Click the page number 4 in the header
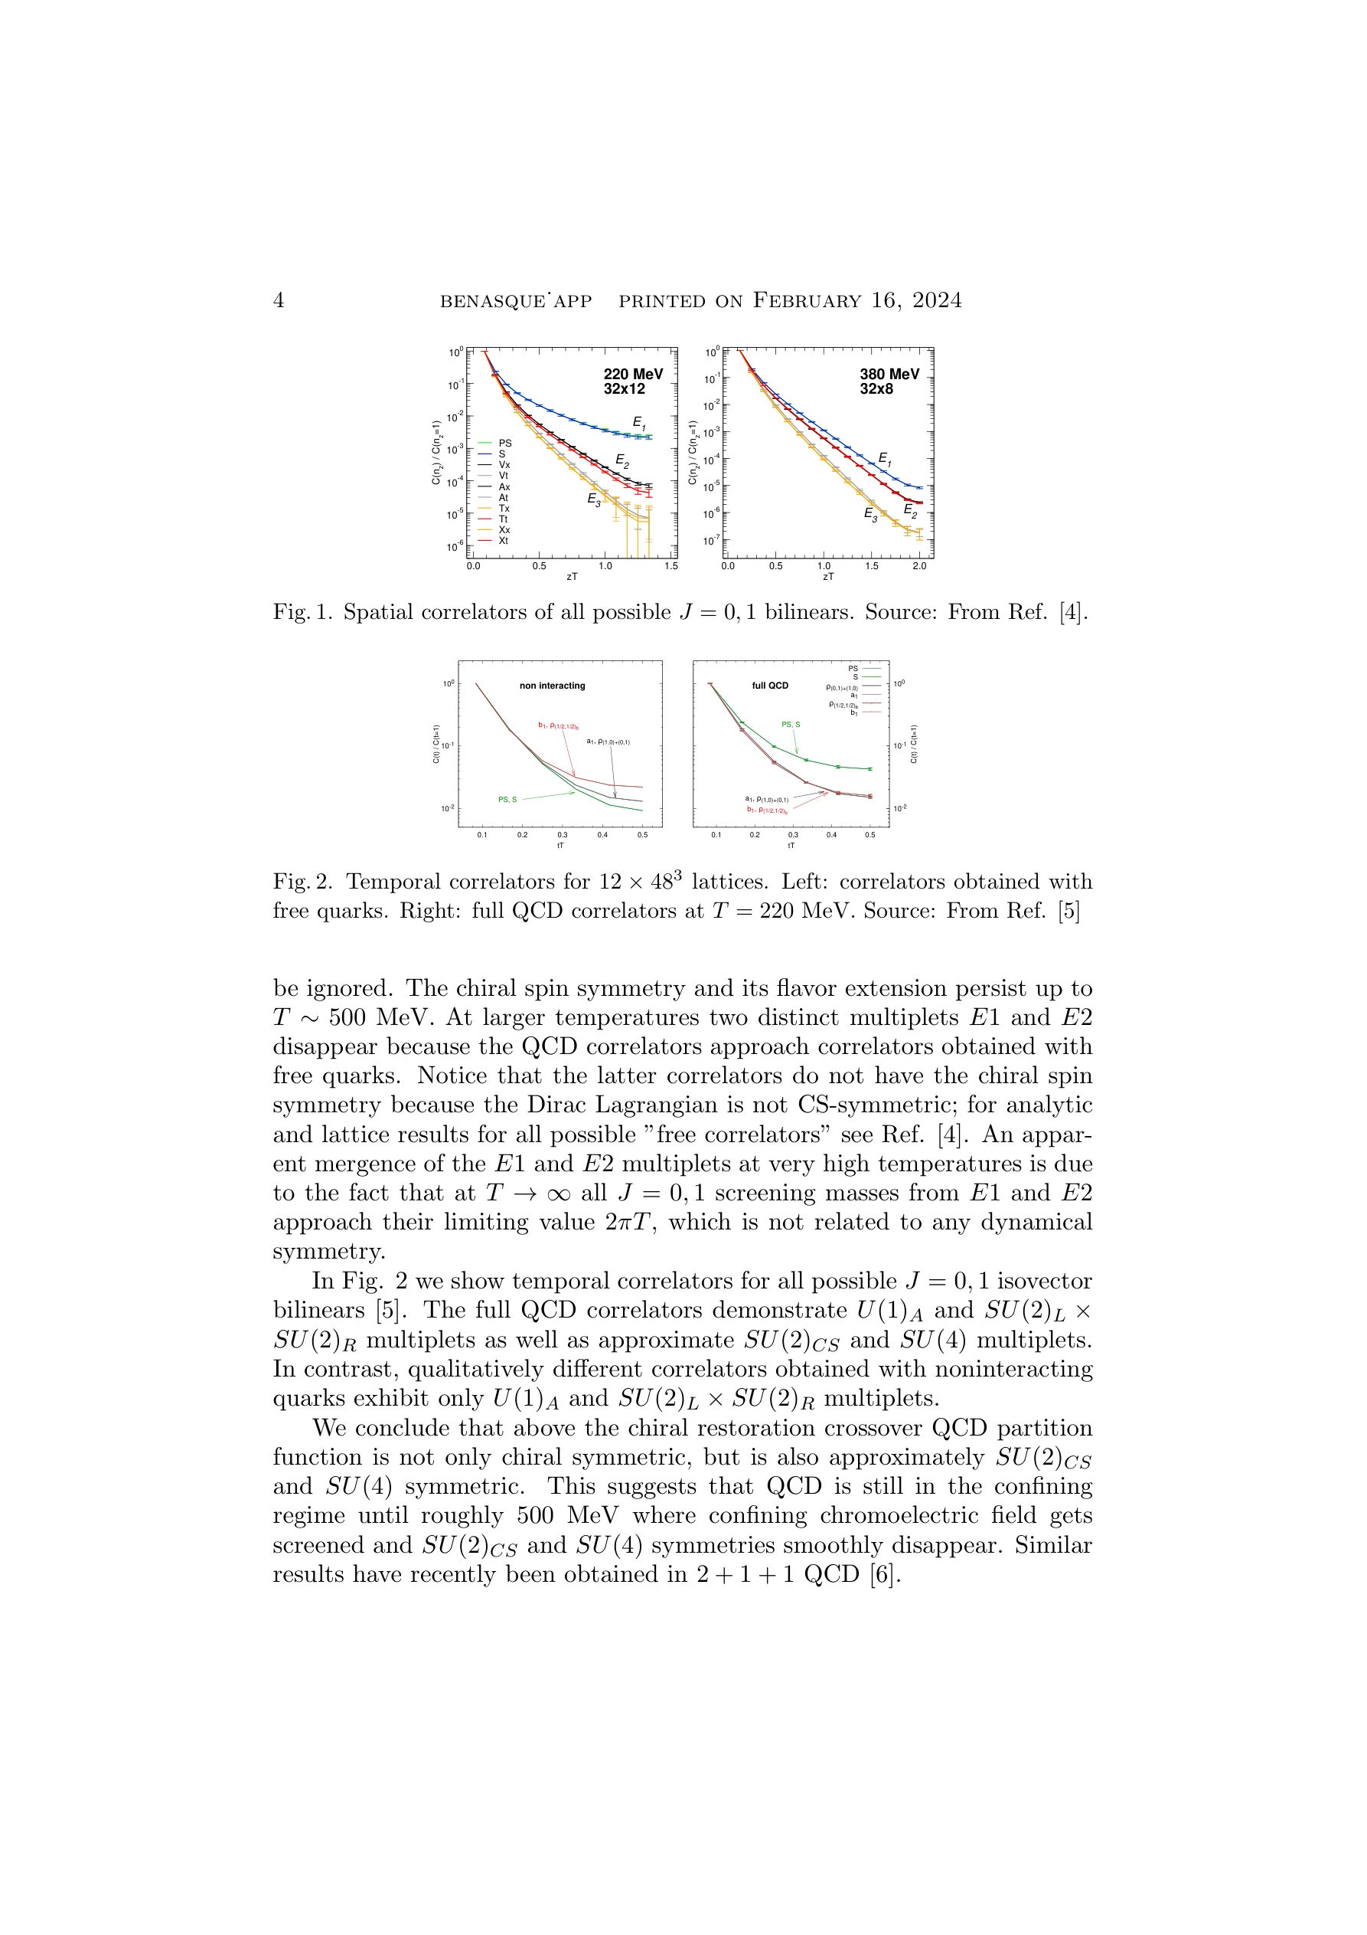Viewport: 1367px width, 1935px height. click(279, 301)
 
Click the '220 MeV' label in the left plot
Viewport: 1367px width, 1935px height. click(632, 374)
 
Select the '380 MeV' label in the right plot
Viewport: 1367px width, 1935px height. click(889, 374)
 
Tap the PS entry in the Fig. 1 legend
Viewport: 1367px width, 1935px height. click(504, 444)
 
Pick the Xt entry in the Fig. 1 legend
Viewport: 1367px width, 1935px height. click(503, 541)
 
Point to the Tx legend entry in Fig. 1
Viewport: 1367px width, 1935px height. click(504, 508)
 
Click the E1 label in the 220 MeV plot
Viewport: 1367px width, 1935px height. click(638, 423)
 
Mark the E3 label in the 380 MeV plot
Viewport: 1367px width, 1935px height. click(870, 514)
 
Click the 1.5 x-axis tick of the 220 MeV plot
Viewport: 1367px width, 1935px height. click(670, 566)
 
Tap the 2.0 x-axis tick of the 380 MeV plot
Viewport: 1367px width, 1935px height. click(919, 566)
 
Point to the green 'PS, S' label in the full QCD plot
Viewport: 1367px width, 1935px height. click(790, 725)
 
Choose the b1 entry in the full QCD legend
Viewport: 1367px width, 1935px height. click(853, 713)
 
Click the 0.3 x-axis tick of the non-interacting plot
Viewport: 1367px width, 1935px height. click(562, 835)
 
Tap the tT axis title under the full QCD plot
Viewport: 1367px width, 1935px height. click(791, 845)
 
